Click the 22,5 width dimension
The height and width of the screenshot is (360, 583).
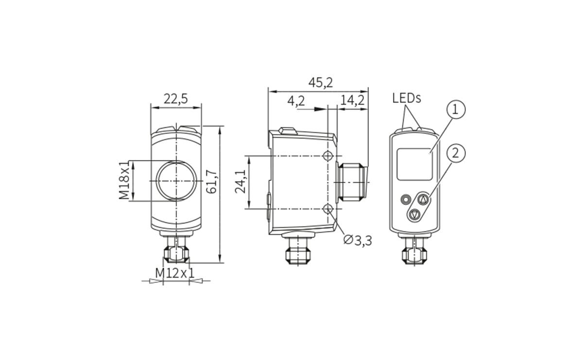pyautogui.click(x=175, y=99)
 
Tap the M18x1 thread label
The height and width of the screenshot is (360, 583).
pyautogui.click(x=124, y=181)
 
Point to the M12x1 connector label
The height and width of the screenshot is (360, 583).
pyautogui.click(x=174, y=273)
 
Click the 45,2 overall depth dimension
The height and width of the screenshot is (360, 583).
pyautogui.click(x=321, y=83)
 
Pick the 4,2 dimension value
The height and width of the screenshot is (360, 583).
pyautogui.click(x=296, y=101)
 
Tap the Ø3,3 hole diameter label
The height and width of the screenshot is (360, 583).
pyautogui.click(x=358, y=240)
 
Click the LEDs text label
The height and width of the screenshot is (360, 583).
pyautogui.click(x=407, y=99)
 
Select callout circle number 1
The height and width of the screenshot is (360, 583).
pyautogui.click(x=455, y=109)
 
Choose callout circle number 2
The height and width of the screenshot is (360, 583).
pyautogui.click(x=455, y=153)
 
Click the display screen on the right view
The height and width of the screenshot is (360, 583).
pyautogui.click(x=414, y=164)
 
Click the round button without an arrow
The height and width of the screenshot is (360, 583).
pyautogui.click(x=405, y=199)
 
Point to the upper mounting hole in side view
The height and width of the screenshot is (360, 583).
pyautogui.click(x=328, y=155)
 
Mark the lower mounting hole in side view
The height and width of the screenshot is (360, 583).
pyautogui.click(x=328, y=209)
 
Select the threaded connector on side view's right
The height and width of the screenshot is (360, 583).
pyautogui.click(x=352, y=182)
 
